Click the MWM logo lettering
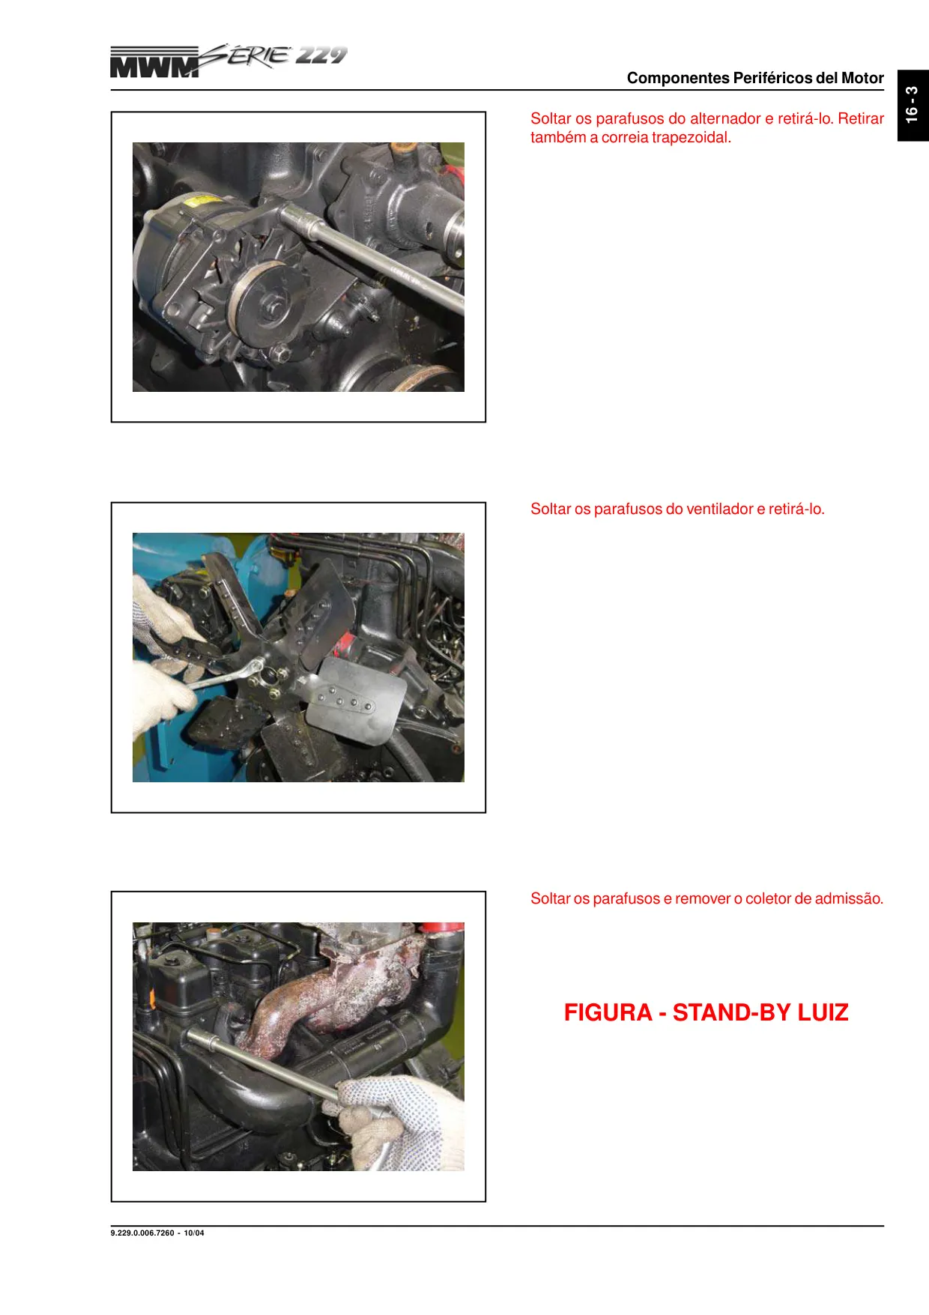click(x=155, y=63)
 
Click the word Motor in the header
click(x=862, y=78)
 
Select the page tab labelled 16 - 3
click(x=913, y=105)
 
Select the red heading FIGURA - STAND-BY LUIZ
click(x=706, y=1012)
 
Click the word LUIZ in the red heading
click(x=823, y=1012)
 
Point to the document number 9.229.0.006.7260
click(x=142, y=1233)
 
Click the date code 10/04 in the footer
click(x=194, y=1233)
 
